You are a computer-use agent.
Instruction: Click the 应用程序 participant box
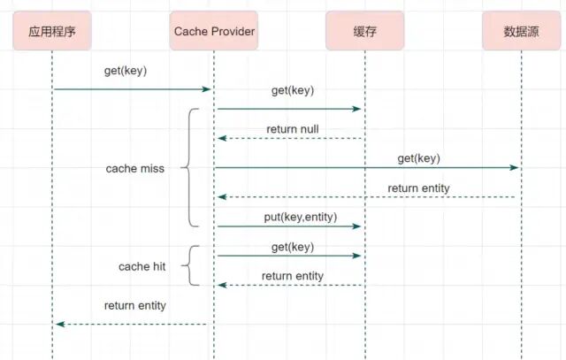tap(52, 31)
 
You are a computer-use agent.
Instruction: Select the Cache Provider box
tap(214, 31)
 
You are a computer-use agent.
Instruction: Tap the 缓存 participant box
tap(364, 31)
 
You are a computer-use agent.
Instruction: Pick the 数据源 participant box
tap(521, 31)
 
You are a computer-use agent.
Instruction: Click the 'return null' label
tap(293, 129)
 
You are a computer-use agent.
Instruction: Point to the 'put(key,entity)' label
tap(301, 217)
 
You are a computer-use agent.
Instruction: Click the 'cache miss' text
tap(135, 169)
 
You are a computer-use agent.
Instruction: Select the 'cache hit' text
tap(141, 266)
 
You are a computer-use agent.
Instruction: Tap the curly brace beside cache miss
tap(189, 167)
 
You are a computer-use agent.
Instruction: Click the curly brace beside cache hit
tap(189, 265)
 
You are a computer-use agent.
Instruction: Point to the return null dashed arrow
tap(290, 138)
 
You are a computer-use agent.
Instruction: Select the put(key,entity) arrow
tap(289, 226)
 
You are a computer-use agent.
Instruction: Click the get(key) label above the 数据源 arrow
tap(418, 158)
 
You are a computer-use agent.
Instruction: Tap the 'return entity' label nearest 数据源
tap(418, 188)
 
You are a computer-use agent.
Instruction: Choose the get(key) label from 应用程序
tap(126, 71)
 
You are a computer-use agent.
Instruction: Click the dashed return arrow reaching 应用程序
tap(132, 325)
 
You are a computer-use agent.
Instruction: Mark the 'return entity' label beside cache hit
tap(293, 276)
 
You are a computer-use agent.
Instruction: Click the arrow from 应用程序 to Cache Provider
tap(132, 89)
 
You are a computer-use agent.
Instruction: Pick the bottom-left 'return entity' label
tap(135, 305)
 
